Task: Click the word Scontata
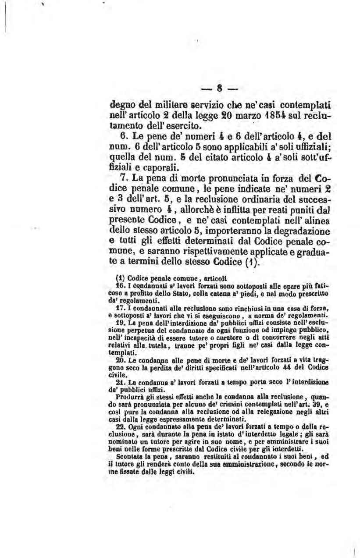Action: click(x=122, y=453)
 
